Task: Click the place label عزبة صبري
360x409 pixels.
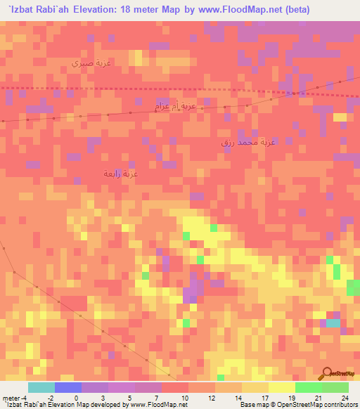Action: point(91,63)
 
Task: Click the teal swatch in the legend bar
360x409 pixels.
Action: point(41,387)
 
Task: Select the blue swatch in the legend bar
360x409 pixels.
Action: point(67,387)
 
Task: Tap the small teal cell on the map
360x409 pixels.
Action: point(331,323)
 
